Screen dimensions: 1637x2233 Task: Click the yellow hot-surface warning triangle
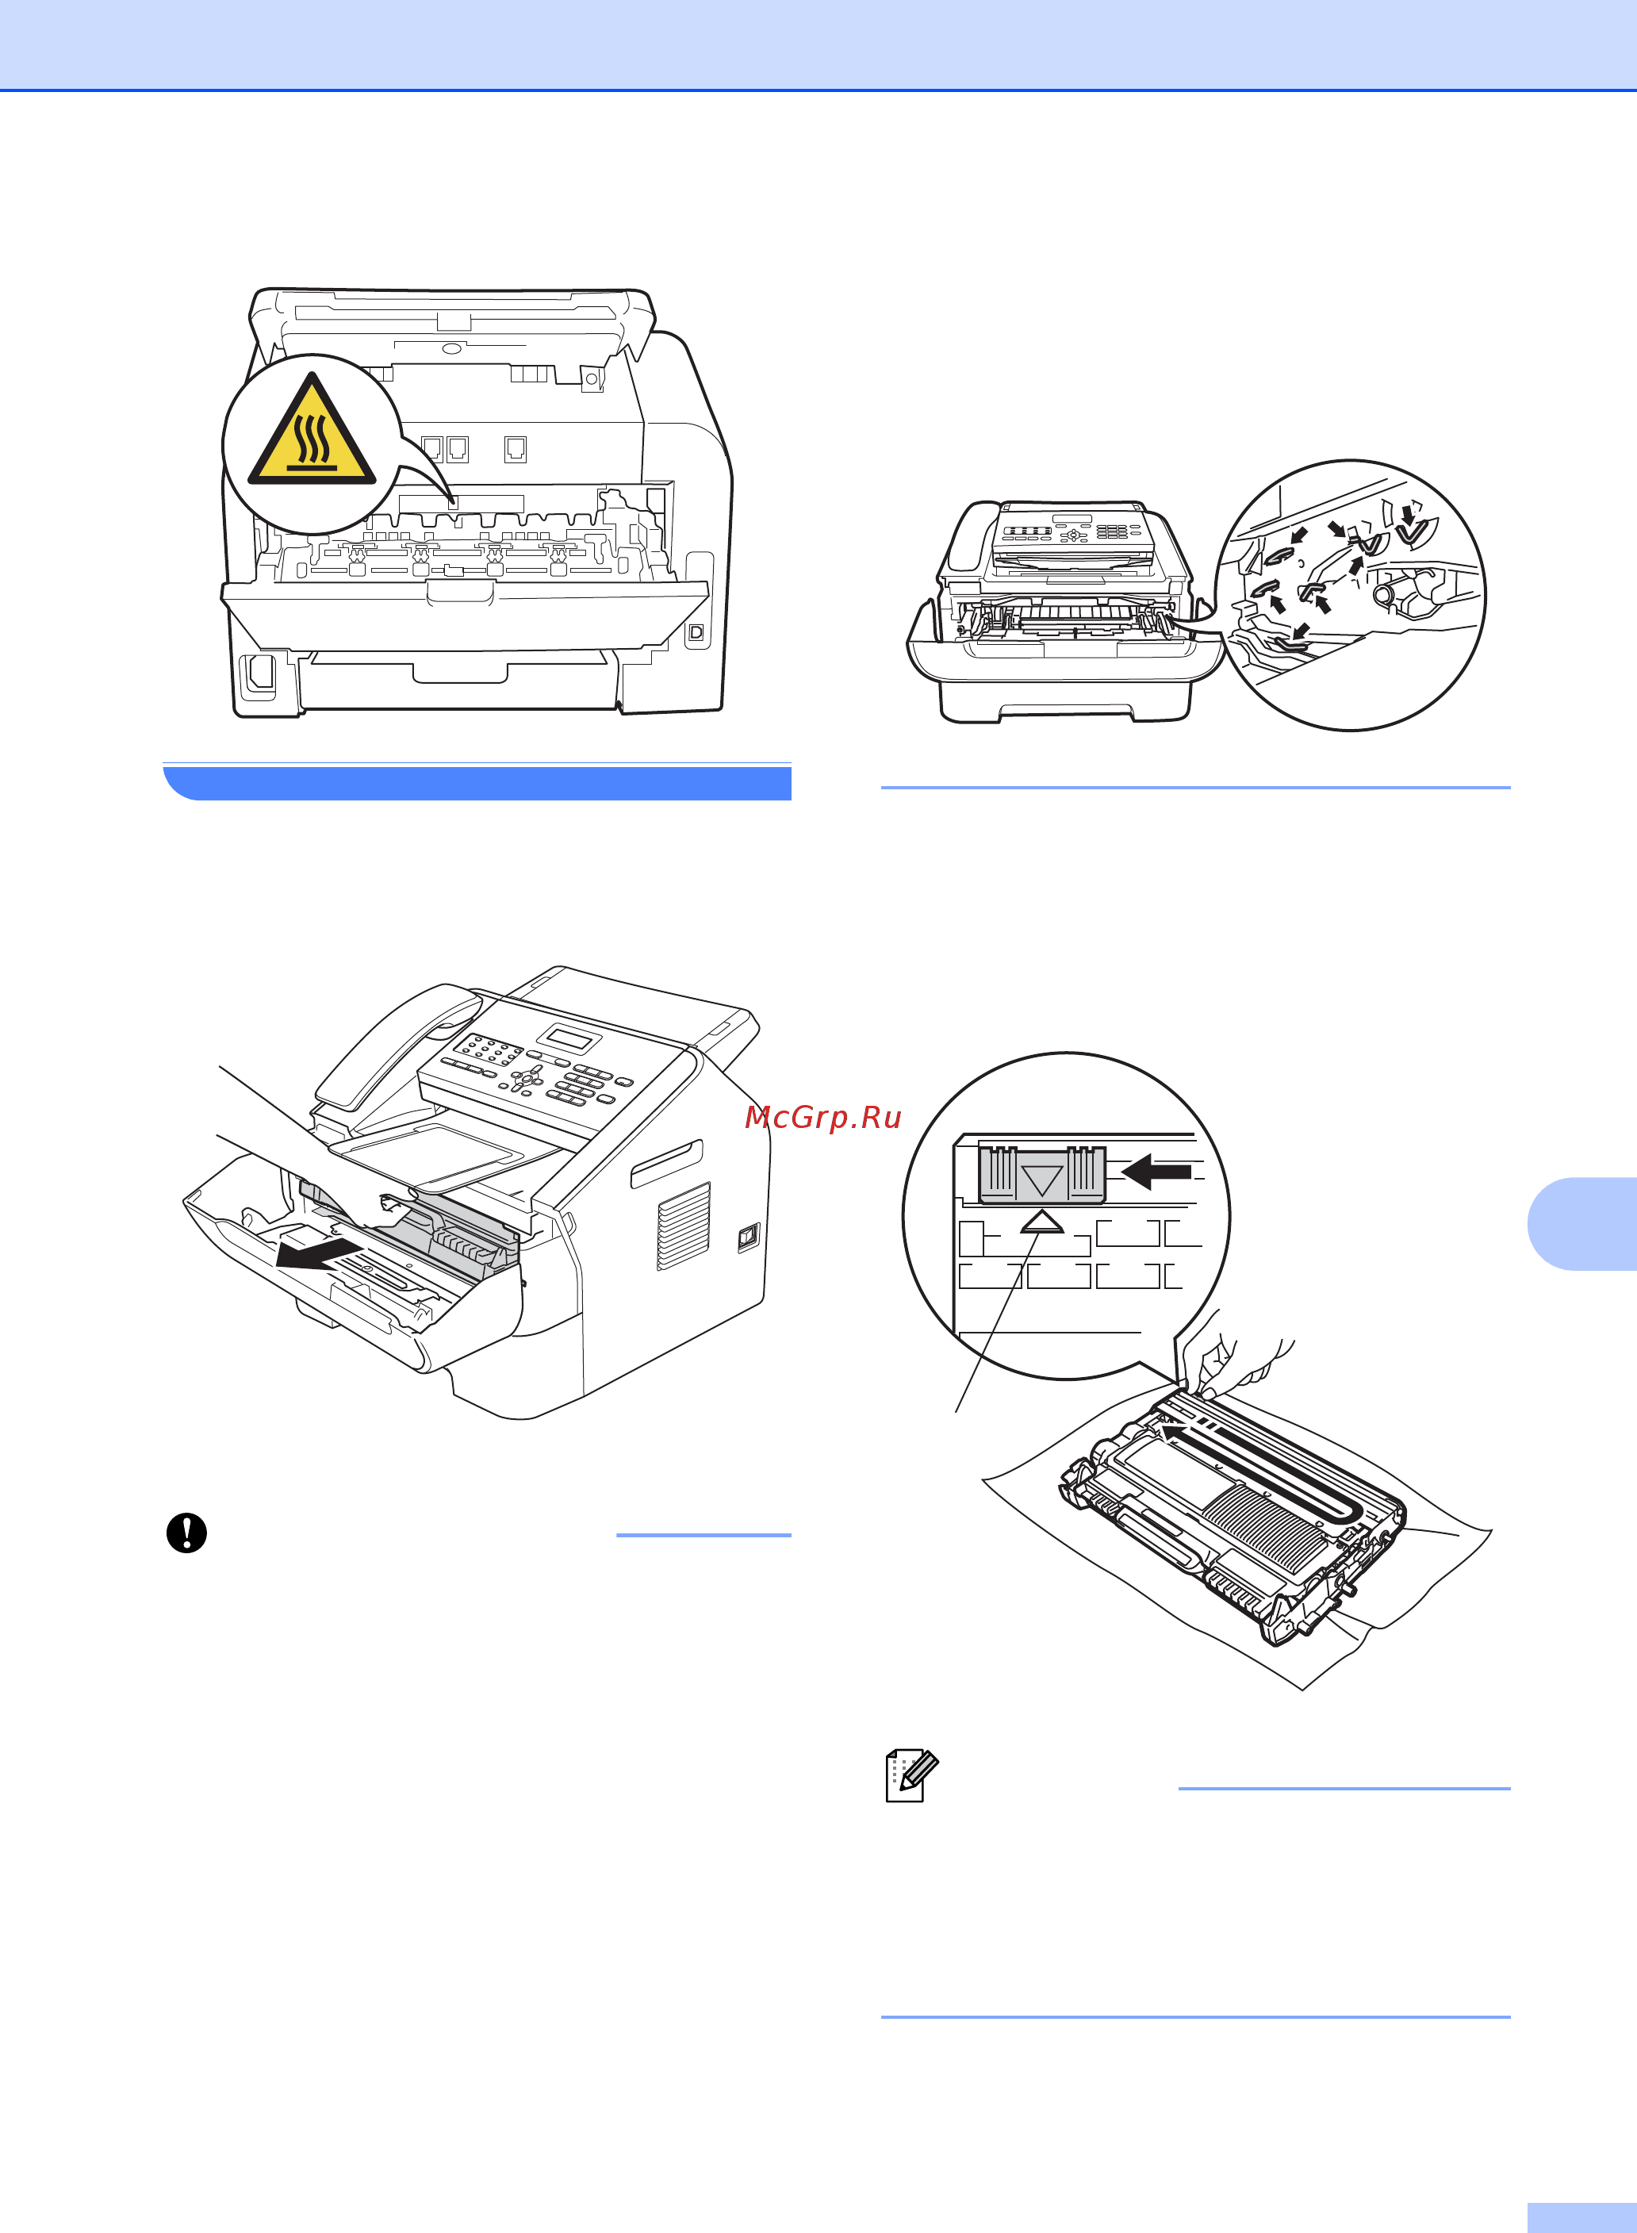pyautogui.click(x=311, y=432)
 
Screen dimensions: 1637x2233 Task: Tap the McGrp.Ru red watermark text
pyautogui.click(x=822, y=1117)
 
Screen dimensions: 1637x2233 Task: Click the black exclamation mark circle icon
pyautogui.click(x=186, y=1533)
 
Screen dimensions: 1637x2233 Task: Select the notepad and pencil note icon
pyautogui.click(x=911, y=1776)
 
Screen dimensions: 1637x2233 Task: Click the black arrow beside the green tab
pyautogui.click(x=1156, y=1172)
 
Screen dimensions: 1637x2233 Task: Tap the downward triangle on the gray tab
pyautogui.click(x=1041, y=1180)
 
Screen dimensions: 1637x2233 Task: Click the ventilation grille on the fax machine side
pyautogui.click(x=684, y=1226)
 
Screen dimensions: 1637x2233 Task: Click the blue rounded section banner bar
pyautogui.click(x=477, y=782)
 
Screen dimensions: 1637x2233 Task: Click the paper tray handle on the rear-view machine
pyautogui.click(x=460, y=673)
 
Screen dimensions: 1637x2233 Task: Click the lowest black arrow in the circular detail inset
pyautogui.click(x=1299, y=631)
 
